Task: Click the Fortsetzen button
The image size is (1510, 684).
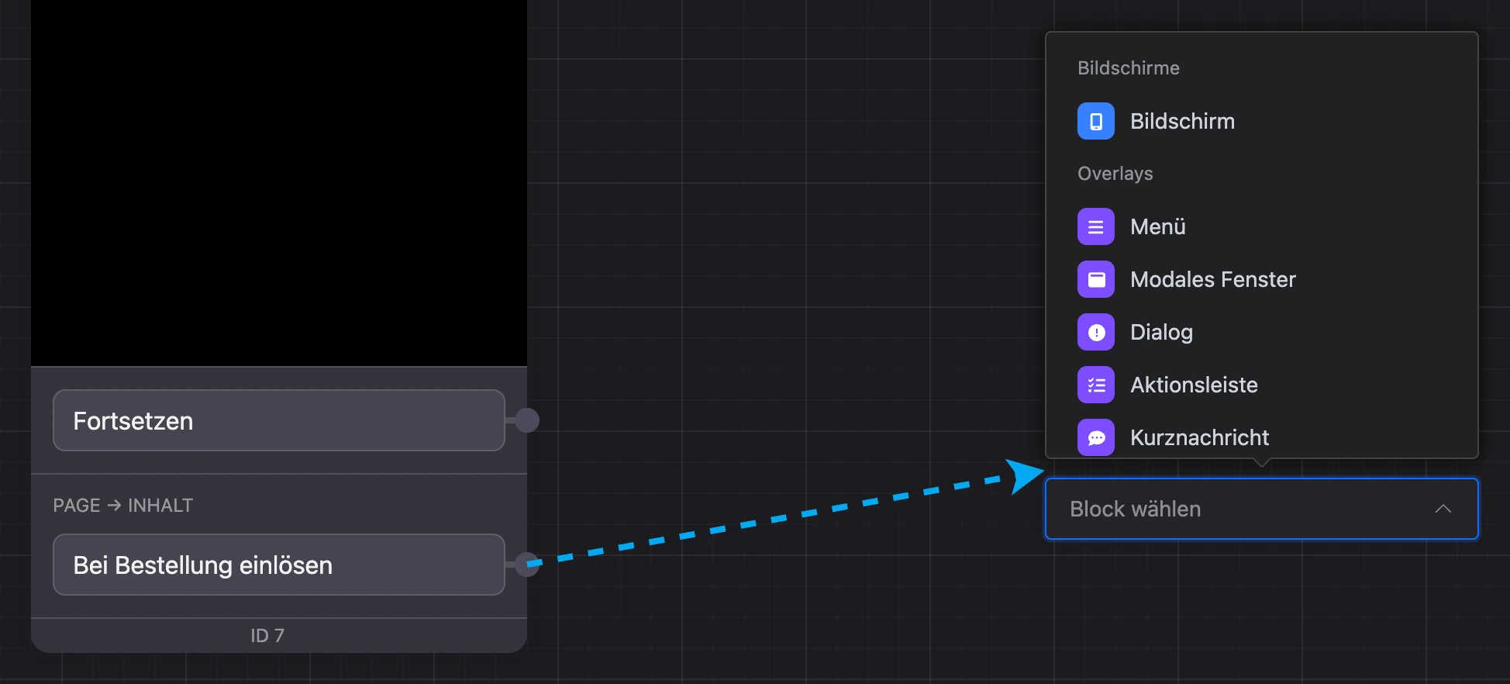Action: coord(279,420)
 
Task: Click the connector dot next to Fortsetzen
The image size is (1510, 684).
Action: coord(527,420)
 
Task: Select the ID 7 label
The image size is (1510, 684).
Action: coord(267,636)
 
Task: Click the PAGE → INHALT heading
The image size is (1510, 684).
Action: coord(123,506)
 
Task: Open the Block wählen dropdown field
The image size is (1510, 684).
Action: coord(1262,509)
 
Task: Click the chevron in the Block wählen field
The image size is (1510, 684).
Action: coord(1443,509)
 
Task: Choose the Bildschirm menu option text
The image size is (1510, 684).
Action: coord(1182,121)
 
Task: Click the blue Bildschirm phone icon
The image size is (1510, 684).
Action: coord(1096,121)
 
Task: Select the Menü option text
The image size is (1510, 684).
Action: coord(1158,226)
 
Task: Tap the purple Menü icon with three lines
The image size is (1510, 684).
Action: coord(1096,226)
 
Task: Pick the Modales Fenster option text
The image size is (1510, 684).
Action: coord(1213,279)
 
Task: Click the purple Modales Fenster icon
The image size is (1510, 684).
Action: coord(1096,279)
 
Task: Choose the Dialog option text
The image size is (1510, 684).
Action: coord(1161,332)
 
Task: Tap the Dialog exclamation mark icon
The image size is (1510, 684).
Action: coord(1096,332)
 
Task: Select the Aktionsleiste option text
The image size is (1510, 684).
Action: coord(1194,385)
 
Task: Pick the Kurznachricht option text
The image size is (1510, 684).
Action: coord(1199,437)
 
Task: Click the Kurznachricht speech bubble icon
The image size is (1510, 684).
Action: coord(1096,437)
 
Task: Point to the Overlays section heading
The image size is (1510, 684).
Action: coord(1115,174)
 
